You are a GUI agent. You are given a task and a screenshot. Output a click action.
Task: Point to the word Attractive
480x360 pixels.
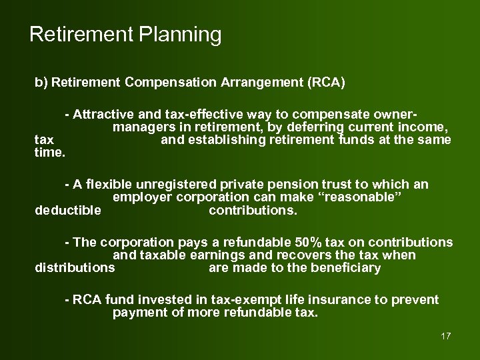(x=103, y=114)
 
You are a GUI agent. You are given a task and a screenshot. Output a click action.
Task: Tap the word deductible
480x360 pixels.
(x=68, y=211)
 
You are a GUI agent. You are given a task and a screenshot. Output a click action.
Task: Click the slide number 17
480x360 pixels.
(x=446, y=335)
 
